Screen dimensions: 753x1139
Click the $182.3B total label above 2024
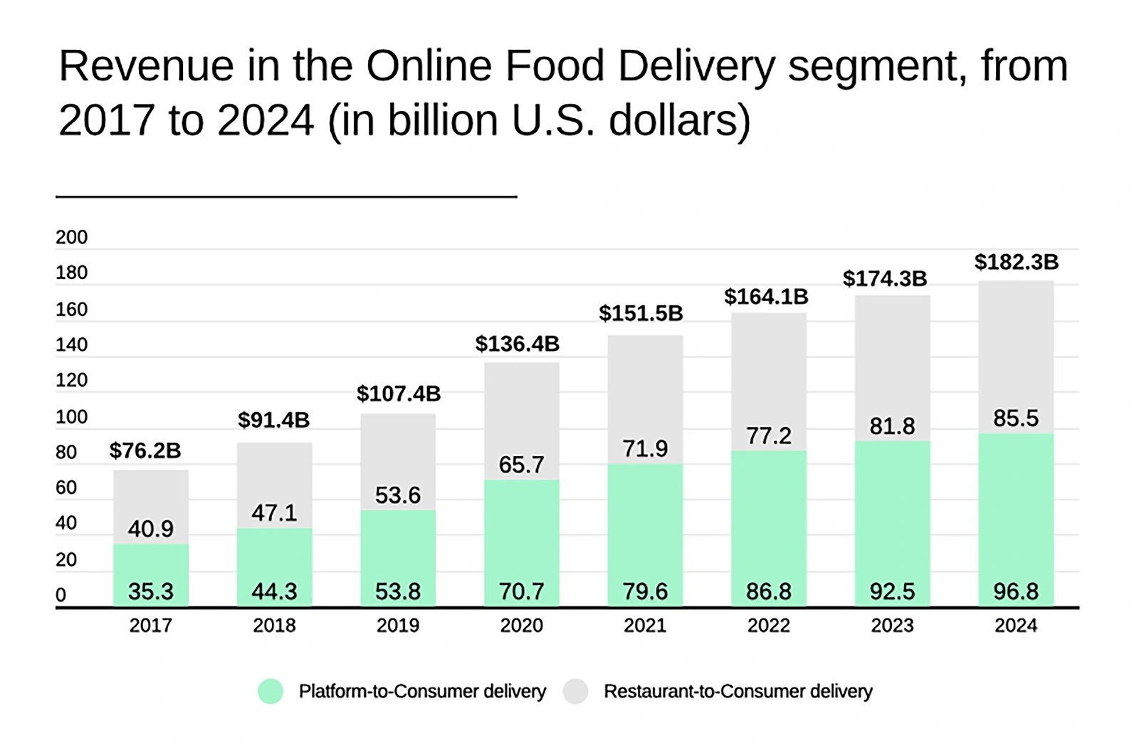(1016, 262)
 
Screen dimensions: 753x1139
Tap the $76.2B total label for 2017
(145, 451)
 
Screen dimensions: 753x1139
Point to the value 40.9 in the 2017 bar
(151, 529)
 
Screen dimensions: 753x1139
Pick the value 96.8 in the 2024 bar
(1016, 591)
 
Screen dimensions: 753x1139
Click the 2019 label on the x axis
(398, 626)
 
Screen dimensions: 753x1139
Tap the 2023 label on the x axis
(892, 626)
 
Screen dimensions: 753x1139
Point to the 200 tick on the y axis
(72, 238)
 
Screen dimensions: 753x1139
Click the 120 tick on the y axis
(72, 380)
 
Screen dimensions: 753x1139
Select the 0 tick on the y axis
(61, 595)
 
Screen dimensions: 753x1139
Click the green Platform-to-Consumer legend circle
(271, 691)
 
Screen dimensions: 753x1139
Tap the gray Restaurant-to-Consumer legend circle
(575, 691)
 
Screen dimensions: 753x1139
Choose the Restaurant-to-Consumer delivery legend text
(738, 691)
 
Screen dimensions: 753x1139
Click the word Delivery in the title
(696, 66)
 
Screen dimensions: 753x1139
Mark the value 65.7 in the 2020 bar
(522, 465)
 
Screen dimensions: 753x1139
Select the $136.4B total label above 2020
(518, 344)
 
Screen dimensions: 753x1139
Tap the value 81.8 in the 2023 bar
(892, 426)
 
